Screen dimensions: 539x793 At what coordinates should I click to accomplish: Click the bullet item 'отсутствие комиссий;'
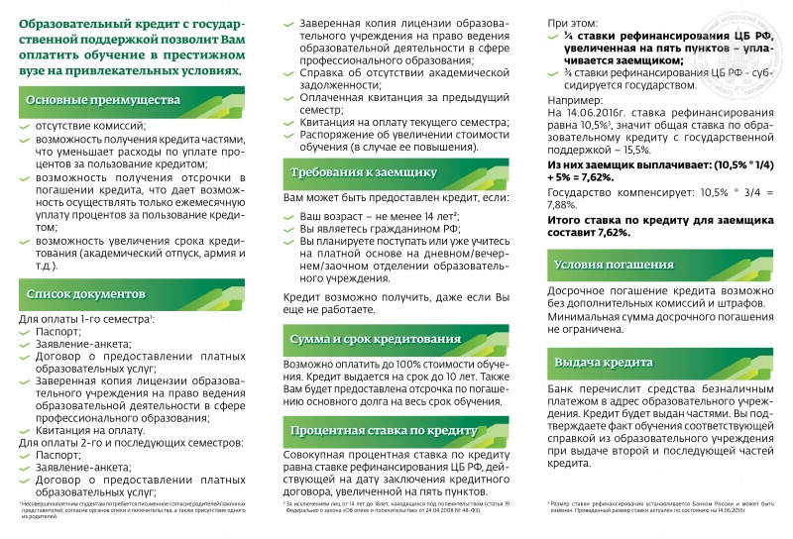pos(90,126)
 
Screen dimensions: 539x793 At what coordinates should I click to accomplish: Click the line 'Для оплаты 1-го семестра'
pos(85,319)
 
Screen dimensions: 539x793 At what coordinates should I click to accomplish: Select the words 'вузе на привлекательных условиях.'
pos(130,71)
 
